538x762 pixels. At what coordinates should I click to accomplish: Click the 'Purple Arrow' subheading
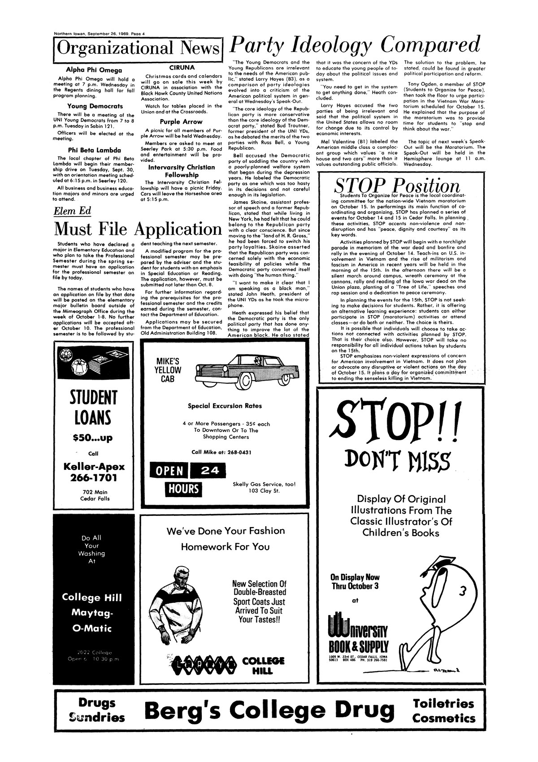coord(181,121)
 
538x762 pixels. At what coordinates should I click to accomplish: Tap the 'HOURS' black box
coord(183,489)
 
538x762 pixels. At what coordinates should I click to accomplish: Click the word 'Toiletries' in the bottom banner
coord(443,703)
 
